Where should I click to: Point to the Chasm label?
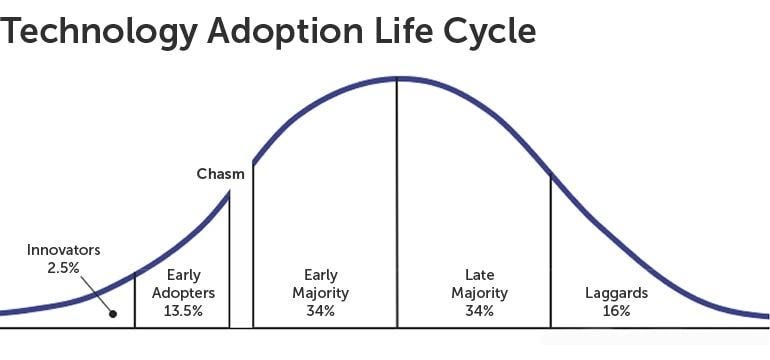(x=220, y=174)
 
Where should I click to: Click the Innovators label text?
(x=63, y=250)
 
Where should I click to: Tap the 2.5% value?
(x=63, y=267)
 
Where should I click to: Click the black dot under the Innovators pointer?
(x=113, y=313)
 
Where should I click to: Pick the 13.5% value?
(x=183, y=311)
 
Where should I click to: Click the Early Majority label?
(x=321, y=284)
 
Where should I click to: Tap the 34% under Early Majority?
(x=321, y=311)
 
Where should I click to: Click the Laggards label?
(x=616, y=293)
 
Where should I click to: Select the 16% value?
(x=616, y=311)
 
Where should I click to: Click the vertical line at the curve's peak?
(x=397, y=200)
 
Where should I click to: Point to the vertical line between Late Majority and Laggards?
(x=550, y=250)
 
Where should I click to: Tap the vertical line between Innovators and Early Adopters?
(x=134, y=300)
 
